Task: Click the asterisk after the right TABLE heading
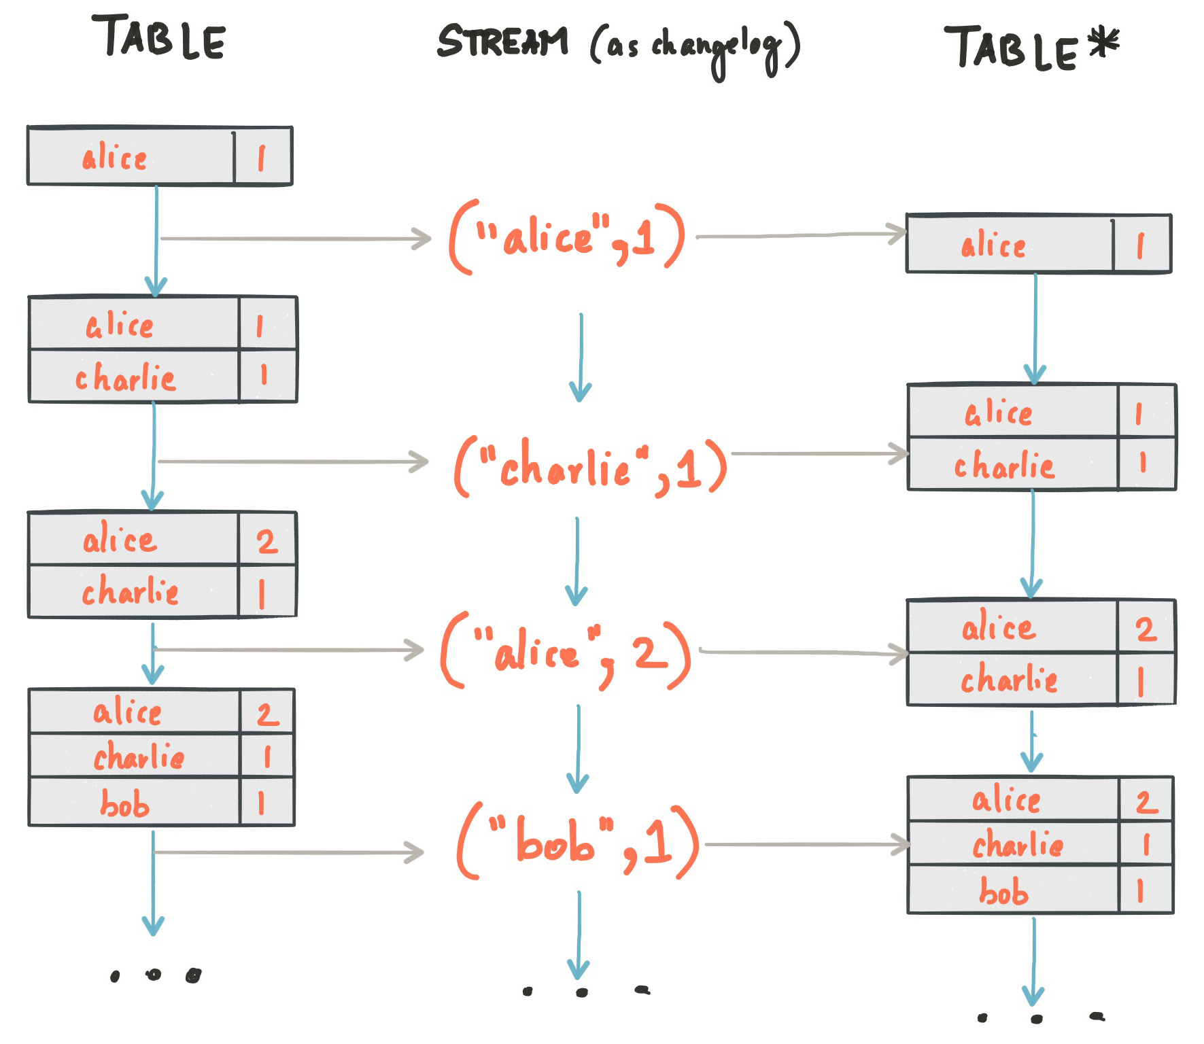(x=1103, y=43)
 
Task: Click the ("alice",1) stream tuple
(x=567, y=238)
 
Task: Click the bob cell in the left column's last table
(x=126, y=803)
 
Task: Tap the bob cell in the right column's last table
(x=1003, y=891)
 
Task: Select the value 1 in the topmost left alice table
(x=262, y=158)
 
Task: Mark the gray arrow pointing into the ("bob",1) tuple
(x=289, y=852)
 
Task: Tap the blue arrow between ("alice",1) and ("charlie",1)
(x=580, y=357)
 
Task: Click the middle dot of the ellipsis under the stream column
(x=581, y=992)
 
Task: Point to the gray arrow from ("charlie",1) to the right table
(x=819, y=453)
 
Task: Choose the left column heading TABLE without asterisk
(x=159, y=37)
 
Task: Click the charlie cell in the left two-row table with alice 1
(x=126, y=378)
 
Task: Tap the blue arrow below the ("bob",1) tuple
(x=579, y=935)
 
